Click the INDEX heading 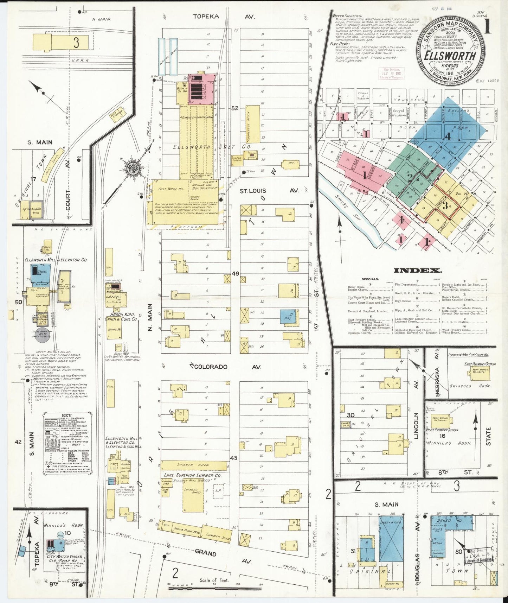coord(417,271)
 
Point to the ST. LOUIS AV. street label coord(269,191)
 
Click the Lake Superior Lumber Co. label coord(192,475)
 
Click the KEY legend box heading coord(67,415)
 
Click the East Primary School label coord(480,364)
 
